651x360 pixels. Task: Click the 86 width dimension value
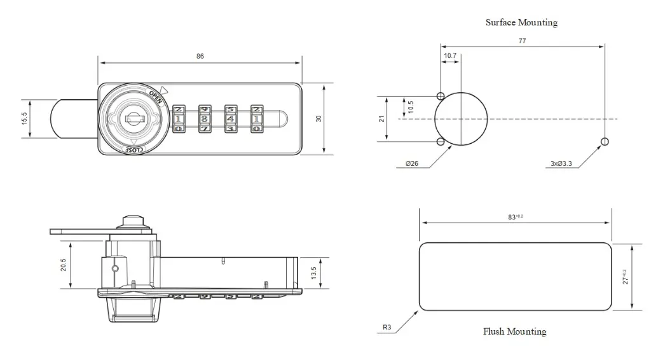200,57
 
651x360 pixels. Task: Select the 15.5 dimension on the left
25,118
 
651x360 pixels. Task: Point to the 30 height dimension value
319,119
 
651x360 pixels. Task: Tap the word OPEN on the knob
156,97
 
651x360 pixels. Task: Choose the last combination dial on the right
256,118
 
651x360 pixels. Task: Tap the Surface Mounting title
521,23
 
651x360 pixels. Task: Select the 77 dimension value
522,41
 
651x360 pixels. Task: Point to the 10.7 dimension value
450,56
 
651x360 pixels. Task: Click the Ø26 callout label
412,164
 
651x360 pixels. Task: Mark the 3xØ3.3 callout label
561,164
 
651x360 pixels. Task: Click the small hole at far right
604,141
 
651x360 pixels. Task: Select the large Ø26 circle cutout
462,119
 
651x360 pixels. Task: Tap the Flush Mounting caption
514,331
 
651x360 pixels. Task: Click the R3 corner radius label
387,328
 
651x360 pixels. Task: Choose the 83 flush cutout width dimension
514,218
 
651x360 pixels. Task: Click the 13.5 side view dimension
313,273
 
